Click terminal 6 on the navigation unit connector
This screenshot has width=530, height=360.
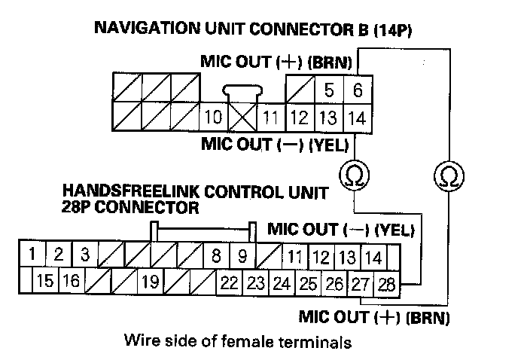pyautogui.click(x=358, y=90)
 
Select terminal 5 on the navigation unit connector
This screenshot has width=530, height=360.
pyautogui.click(x=329, y=90)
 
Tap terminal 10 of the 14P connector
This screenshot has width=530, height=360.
pyautogui.click(x=213, y=117)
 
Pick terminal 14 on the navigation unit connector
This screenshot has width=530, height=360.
pyautogui.click(x=358, y=117)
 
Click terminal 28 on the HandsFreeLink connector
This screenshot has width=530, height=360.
pyautogui.click(x=386, y=284)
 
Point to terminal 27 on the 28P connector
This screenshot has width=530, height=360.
pyautogui.click(x=362, y=284)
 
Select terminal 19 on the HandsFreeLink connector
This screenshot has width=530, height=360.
pyautogui.click(x=150, y=284)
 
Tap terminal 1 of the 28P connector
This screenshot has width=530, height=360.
pyautogui.click(x=30, y=255)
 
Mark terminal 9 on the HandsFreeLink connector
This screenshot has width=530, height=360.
pyautogui.click(x=242, y=257)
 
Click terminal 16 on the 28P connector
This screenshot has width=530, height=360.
pyautogui.click(x=72, y=284)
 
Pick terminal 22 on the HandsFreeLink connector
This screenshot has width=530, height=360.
pyautogui.click(x=230, y=284)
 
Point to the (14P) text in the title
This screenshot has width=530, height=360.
pyautogui.click(x=394, y=30)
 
